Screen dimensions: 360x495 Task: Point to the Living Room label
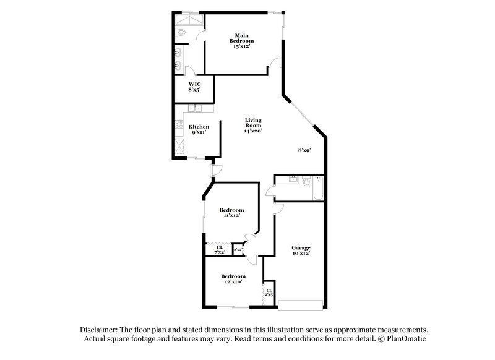pos(253,125)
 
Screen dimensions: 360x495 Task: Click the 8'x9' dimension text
pos(304,150)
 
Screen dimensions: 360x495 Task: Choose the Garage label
pos(301,250)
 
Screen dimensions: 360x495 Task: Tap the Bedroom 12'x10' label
pos(233,278)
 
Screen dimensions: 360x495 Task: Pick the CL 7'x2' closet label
pos(219,250)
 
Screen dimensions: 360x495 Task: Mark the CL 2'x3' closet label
pos(269,292)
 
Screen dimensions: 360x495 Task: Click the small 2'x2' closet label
pos(238,250)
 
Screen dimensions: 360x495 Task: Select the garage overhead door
pos(300,304)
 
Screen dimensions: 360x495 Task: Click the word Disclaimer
pos(101,330)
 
